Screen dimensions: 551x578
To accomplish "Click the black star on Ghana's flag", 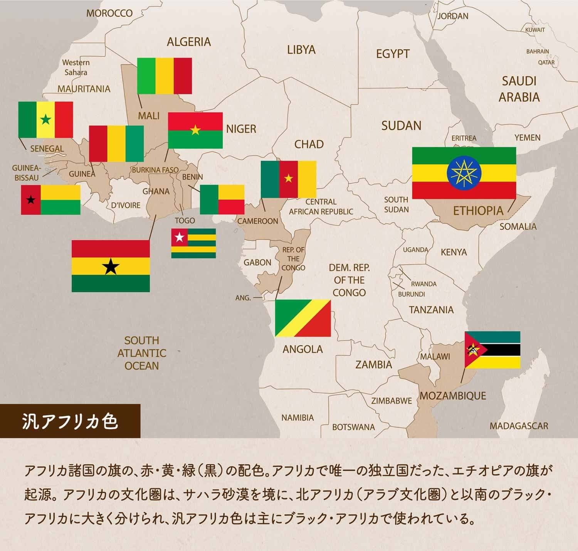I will (111, 266).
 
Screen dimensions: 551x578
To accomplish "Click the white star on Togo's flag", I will (180, 237).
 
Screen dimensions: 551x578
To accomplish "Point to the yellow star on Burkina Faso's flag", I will (195, 130).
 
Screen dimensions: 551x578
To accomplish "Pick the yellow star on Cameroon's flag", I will (288, 179).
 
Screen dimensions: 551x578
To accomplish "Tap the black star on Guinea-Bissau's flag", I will (31, 200).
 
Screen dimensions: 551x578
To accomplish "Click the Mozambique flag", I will (492, 350).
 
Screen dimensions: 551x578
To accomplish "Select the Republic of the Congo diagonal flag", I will (303, 318).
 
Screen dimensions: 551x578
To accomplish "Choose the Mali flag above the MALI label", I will (165, 76).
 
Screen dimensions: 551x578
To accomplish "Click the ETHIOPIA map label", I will (478, 211).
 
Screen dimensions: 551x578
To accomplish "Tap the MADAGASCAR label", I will (519, 426).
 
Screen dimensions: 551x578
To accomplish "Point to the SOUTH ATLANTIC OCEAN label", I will (141, 353).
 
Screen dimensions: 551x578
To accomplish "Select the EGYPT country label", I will (393, 54).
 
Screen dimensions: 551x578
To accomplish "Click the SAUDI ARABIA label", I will (519, 89).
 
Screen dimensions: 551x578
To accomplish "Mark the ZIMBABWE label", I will (391, 401).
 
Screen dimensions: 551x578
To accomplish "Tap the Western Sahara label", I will (76, 67).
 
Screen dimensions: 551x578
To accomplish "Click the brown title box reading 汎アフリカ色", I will (70, 421).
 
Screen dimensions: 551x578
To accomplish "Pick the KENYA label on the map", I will (454, 252).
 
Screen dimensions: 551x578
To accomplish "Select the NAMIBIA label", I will (297, 418).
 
